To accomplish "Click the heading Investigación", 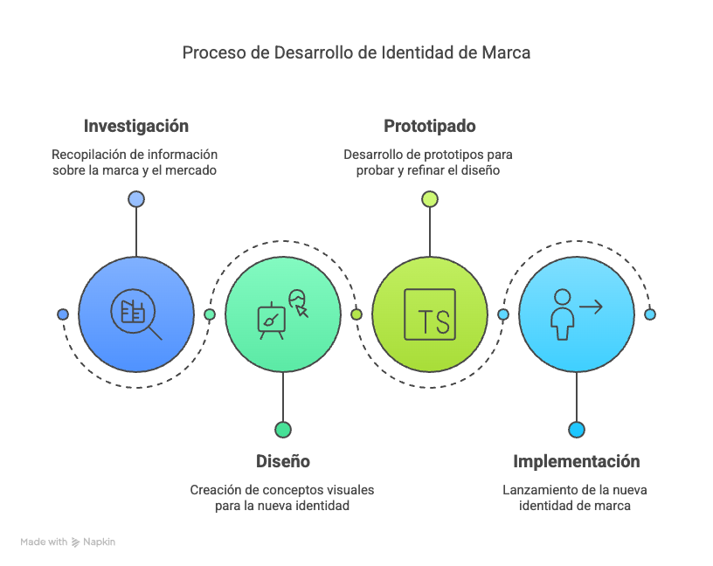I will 135,126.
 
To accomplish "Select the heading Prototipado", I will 429,126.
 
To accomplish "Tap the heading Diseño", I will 282,461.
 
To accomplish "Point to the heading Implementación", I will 576,461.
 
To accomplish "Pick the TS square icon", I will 429,314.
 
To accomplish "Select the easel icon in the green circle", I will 272,321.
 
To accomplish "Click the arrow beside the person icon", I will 592,306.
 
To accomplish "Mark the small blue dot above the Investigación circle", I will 135,199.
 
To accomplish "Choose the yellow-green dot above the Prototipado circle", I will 429,199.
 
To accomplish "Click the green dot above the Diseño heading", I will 282,430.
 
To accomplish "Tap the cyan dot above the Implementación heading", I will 576,430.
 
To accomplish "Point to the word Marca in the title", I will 505,52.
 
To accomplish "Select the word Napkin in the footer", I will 100,542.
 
